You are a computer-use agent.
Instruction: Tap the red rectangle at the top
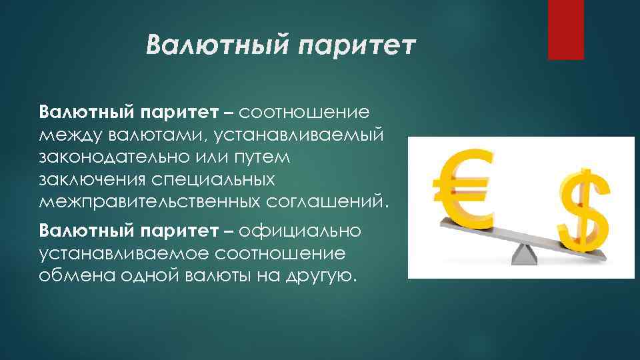tap(565, 29)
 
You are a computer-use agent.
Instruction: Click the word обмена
tap(77, 276)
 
